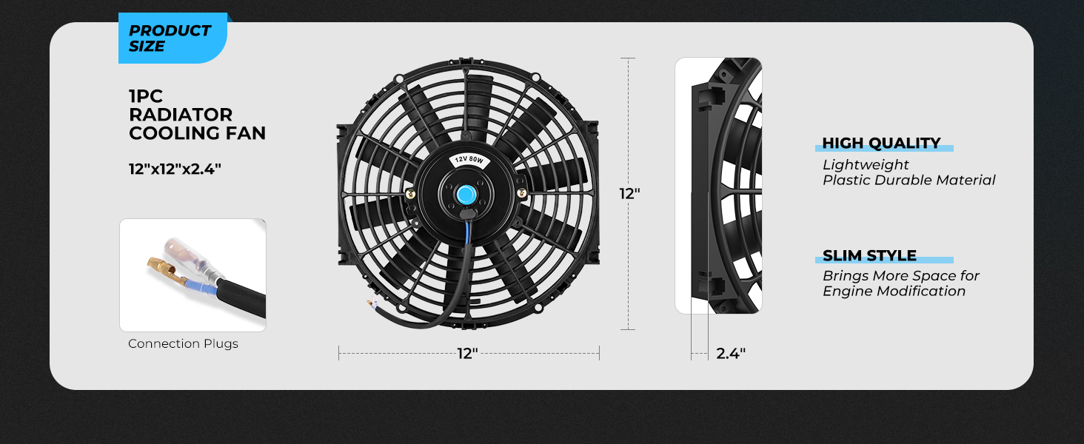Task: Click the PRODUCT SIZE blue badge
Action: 171,38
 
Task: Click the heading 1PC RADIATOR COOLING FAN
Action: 196,115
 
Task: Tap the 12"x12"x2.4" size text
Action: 175,169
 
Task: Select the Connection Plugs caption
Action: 183,343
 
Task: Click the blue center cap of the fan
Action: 466,195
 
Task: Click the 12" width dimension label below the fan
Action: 467,354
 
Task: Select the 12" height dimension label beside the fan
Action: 629,194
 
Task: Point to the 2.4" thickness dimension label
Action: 730,354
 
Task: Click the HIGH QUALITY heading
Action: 881,144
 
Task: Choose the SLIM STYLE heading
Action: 869,256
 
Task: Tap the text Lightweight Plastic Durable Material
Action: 909,172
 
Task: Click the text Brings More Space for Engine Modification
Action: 901,283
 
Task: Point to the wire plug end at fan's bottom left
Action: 370,303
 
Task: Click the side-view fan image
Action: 718,185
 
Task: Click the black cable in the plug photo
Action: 237,296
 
